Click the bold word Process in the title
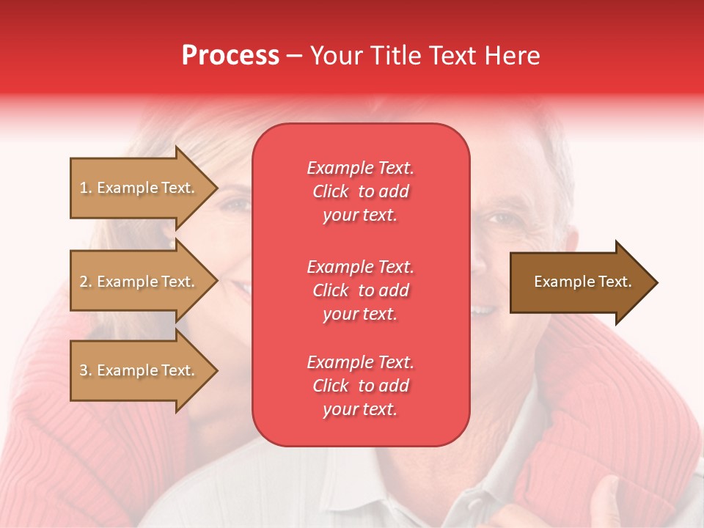230,56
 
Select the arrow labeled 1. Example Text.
139,188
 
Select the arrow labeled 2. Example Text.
139,282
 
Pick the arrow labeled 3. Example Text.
139,370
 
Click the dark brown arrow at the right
579,282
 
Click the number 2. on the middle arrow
85,282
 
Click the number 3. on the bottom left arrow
85,370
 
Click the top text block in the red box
360,191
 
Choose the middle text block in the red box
360,290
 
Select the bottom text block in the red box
360,386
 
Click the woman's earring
172,243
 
